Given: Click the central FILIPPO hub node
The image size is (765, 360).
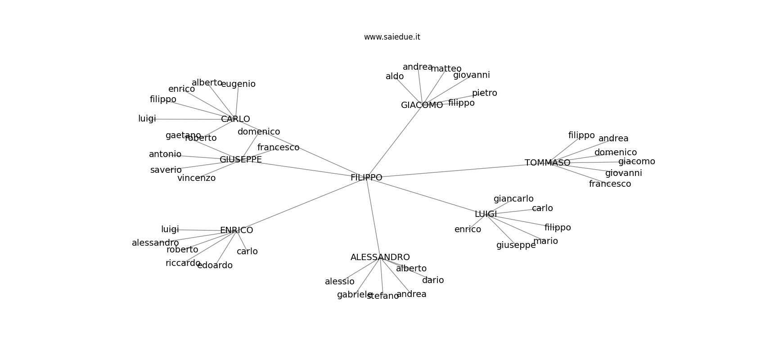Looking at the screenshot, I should click(366, 178).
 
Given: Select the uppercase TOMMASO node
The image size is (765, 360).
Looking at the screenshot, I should click(547, 163).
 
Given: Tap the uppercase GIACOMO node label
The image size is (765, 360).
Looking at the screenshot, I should click(422, 105).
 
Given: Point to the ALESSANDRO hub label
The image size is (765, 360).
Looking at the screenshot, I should click(380, 257).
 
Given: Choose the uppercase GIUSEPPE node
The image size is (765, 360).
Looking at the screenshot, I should click(240, 160).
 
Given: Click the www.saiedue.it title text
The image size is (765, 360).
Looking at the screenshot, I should click(392, 37).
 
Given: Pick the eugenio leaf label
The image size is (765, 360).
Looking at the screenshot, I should click(238, 84).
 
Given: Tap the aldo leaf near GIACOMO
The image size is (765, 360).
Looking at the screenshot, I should click(395, 76).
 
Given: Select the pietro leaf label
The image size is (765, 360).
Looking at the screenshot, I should click(484, 93).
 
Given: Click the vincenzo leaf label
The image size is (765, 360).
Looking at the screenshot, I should click(196, 178).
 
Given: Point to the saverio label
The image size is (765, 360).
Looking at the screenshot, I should click(166, 170).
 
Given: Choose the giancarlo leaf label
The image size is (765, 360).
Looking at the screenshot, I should click(513, 199).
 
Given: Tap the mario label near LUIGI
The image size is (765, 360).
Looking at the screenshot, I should click(545, 241).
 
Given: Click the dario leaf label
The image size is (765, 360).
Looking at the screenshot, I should click(433, 280).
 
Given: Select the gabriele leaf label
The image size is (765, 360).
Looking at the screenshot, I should click(355, 295).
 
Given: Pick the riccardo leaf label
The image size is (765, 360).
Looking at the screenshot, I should click(183, 263).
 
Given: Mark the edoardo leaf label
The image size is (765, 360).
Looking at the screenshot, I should click(215, 265).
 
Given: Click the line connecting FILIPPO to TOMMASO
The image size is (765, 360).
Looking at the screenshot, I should click(454, 171).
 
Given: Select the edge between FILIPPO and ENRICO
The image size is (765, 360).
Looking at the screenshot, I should click(301, 204).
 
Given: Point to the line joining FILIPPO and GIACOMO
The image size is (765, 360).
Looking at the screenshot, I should click(394, 141).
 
